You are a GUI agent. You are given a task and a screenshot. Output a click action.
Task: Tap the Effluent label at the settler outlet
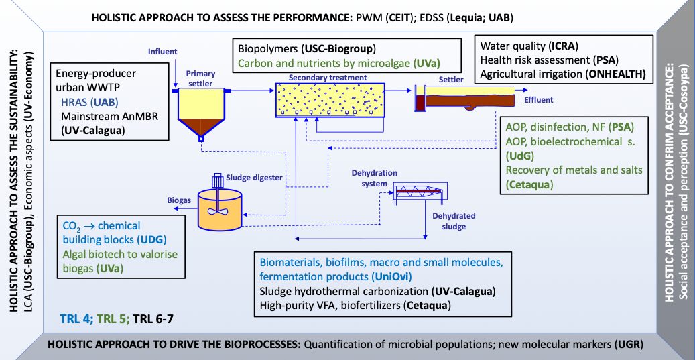539,100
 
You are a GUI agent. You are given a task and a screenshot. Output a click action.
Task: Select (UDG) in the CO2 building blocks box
151,239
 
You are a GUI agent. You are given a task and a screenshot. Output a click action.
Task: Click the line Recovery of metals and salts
574,170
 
